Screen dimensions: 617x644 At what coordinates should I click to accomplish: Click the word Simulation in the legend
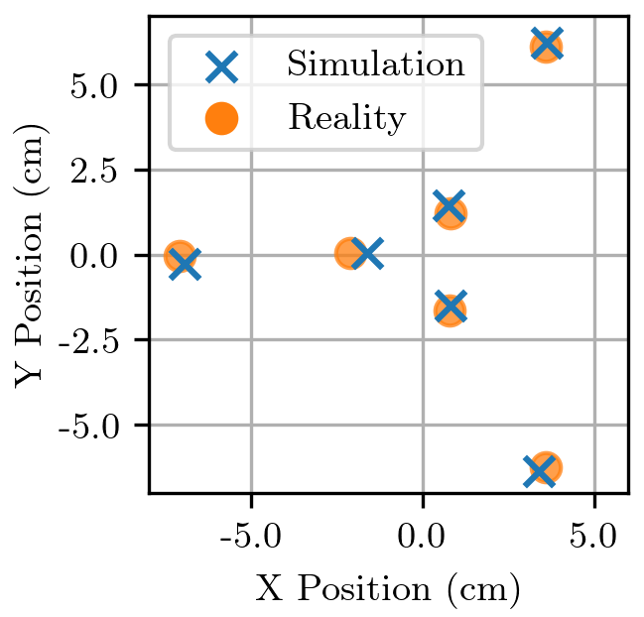coord(375,65)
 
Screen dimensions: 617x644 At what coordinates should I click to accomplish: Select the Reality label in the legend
coord(346,119)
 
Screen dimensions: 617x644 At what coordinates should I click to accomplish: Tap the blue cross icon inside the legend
coord(222,66)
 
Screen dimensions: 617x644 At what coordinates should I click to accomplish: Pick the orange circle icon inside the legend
coord(222,119)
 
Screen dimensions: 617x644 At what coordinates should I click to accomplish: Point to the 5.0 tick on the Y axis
coord(96,85)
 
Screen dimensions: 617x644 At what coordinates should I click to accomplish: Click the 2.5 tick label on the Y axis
coord(96,171)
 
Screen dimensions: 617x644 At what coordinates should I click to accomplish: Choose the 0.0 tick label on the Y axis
coord(96,256)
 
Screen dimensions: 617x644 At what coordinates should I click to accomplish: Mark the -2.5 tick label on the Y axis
coord(91,340)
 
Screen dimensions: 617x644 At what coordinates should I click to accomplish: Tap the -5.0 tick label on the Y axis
coord(91,426)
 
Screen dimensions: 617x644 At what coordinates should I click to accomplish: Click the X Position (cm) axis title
coord(388,589)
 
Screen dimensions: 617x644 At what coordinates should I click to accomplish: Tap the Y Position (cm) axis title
coord(33,255)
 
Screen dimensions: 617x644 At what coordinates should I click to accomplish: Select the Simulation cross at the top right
coord(547,44)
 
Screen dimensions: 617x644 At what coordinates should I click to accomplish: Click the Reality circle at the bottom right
coord(545,467)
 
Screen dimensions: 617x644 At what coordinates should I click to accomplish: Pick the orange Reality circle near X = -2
coord(349,254)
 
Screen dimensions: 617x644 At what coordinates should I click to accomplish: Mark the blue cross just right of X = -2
coord(366,254)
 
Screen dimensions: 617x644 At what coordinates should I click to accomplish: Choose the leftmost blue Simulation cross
coord(185,264)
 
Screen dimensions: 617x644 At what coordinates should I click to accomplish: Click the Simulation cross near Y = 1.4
coord(449,207)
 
